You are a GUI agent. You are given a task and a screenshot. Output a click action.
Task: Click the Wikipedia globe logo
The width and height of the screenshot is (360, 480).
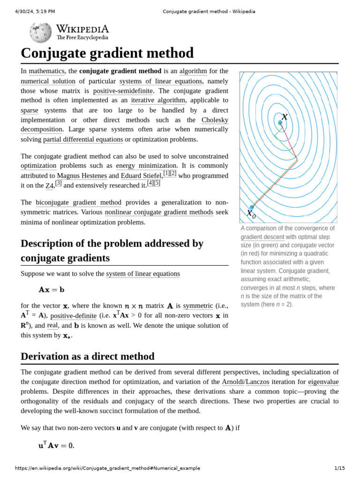click(40, 32)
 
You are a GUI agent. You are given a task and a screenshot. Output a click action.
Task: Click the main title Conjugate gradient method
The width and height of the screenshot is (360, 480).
click(107, 52)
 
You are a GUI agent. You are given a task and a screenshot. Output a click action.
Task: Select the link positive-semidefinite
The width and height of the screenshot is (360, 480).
click(125, 91)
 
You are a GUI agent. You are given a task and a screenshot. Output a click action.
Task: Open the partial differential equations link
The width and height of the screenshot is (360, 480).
click(83, 139)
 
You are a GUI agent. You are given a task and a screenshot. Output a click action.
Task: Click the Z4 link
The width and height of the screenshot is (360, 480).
click(49, 186)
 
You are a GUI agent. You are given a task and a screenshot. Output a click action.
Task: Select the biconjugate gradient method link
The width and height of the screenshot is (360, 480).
click(78, 202)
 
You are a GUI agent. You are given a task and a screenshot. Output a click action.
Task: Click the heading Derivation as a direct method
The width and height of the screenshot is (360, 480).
click(87, 356)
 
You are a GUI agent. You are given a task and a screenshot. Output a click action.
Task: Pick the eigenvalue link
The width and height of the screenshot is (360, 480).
click(323, 382)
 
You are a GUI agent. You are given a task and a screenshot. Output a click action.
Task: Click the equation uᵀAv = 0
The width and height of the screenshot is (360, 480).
click(56, 445)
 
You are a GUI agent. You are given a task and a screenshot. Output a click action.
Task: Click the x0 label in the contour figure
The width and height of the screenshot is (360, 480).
click(251, 214)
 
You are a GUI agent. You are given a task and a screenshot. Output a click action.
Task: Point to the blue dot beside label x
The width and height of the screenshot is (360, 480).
click(280, 123)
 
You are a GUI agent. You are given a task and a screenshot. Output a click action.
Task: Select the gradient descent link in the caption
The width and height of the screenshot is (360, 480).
click(262, 237)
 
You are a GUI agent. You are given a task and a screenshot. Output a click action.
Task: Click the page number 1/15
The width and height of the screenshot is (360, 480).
click(339, 468)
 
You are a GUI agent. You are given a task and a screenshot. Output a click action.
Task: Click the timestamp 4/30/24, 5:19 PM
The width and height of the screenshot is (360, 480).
click(35, 11)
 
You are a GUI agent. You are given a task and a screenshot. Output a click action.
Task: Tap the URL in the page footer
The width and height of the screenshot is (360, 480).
click(107, 468)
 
